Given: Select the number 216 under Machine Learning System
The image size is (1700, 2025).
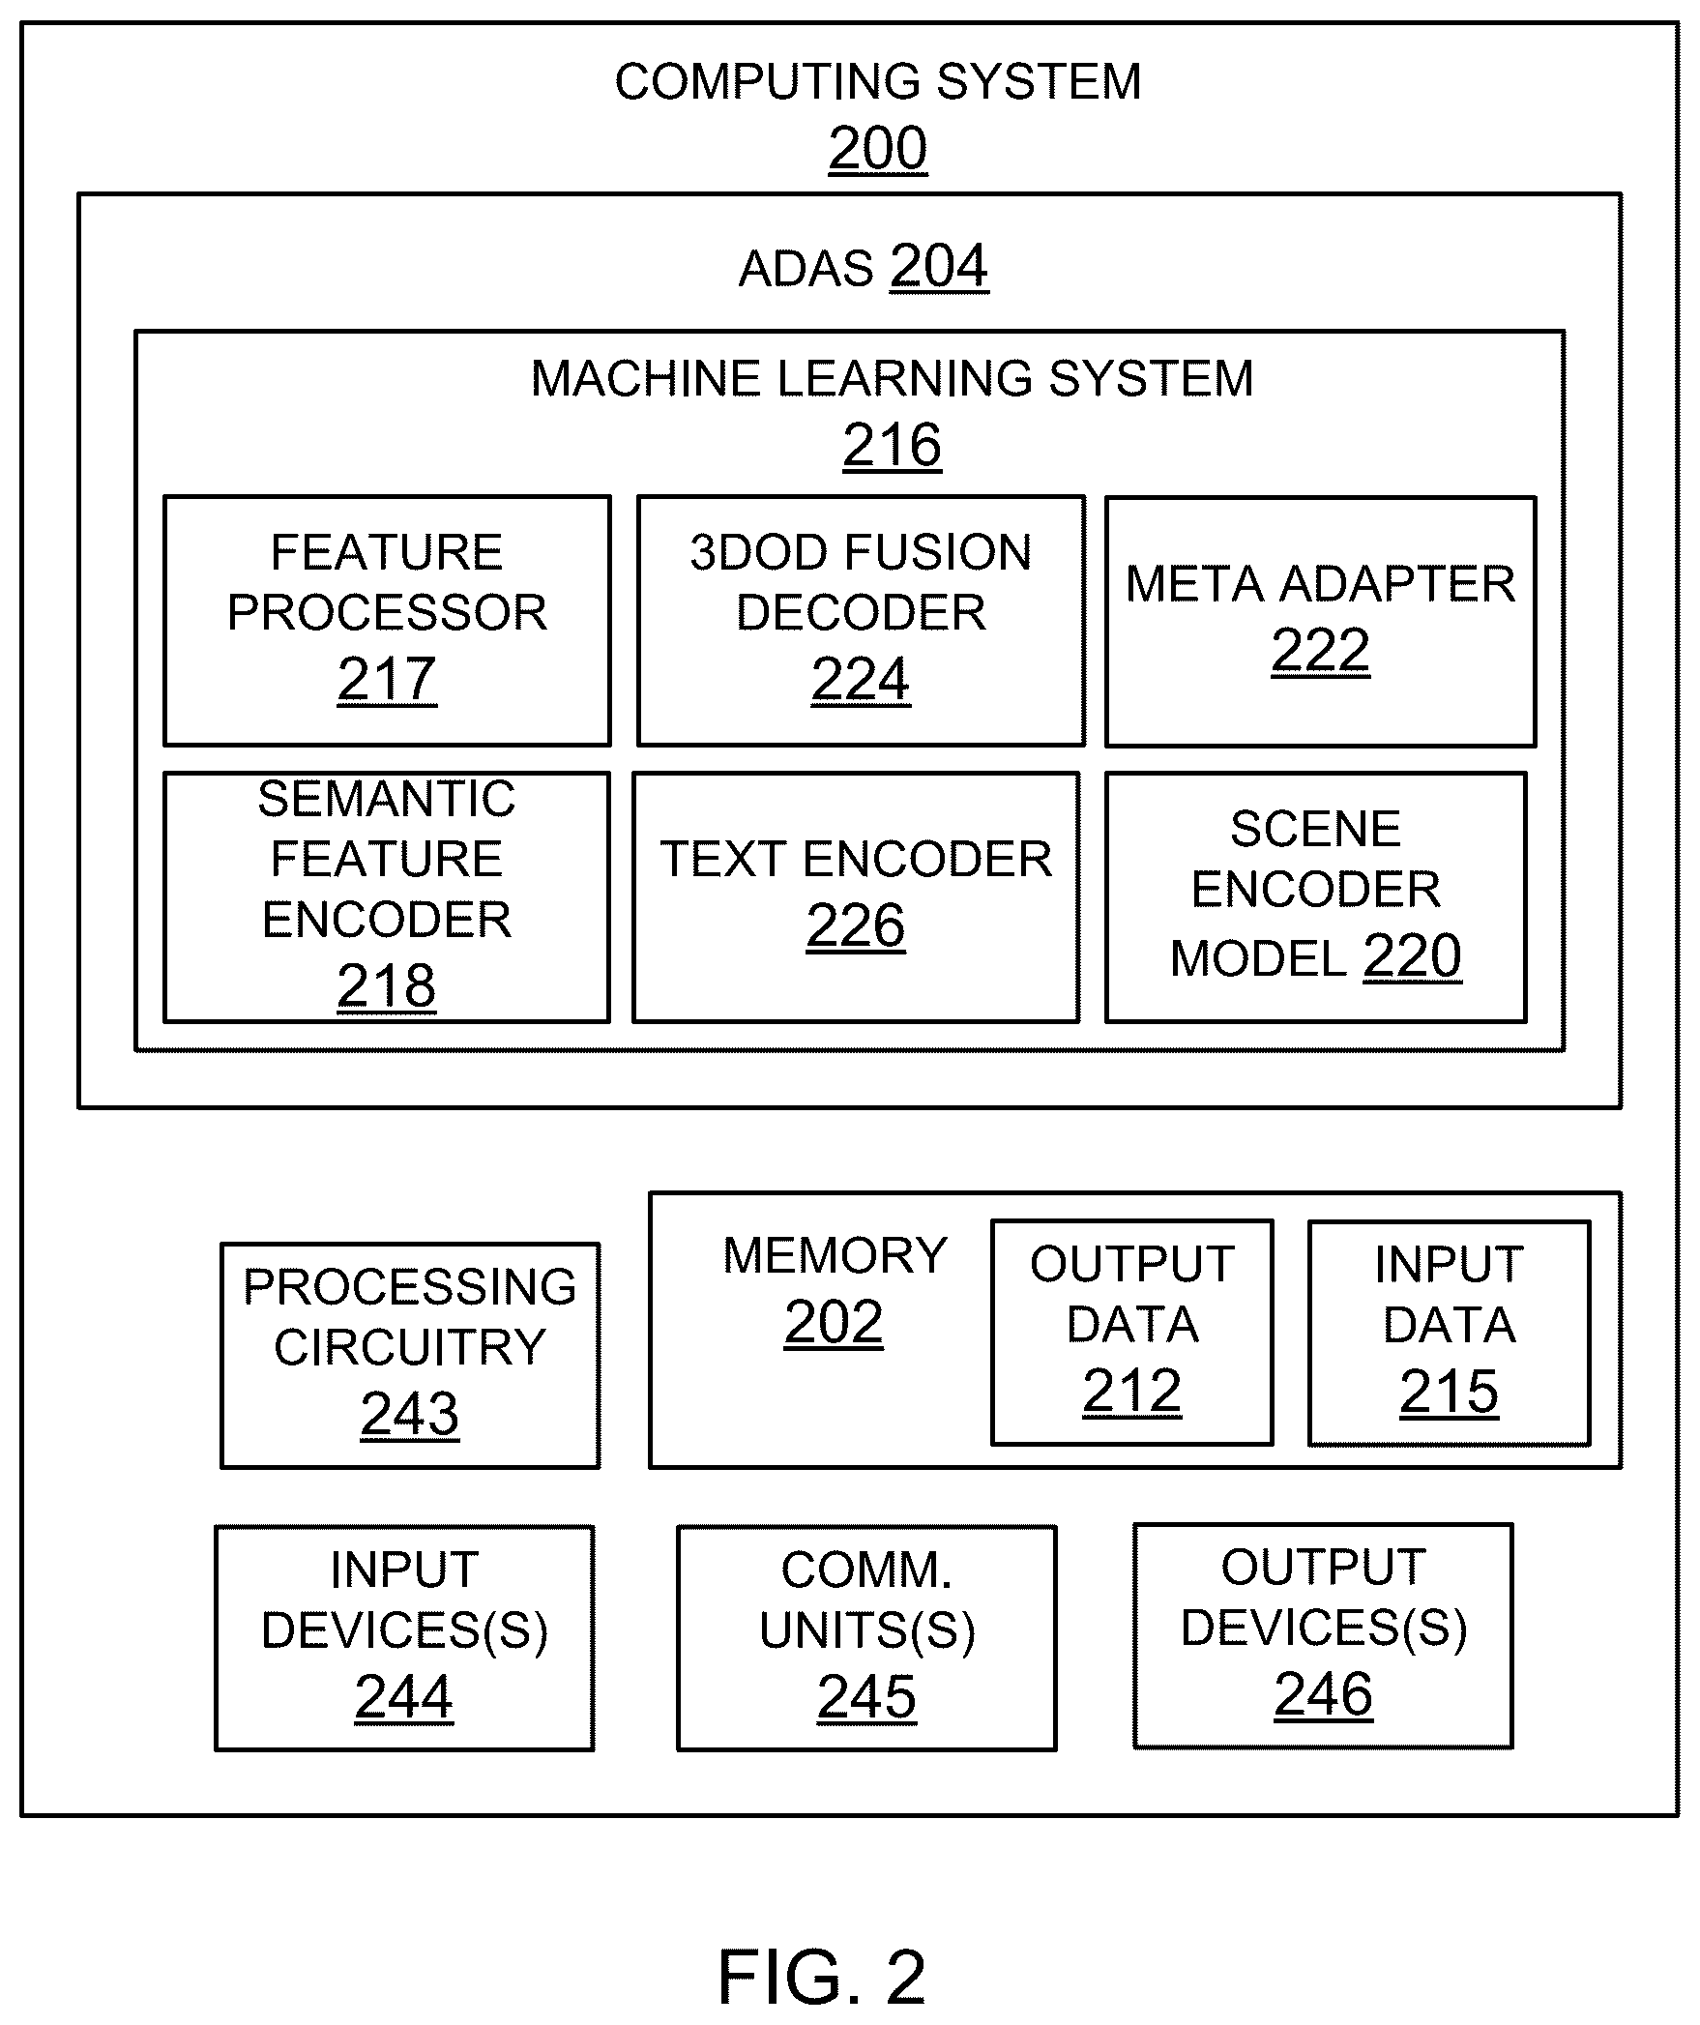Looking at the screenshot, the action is point(892,445).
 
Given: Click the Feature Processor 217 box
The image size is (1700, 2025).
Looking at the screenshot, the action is point(387,621).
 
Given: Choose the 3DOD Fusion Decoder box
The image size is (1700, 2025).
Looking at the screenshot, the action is point(861,621).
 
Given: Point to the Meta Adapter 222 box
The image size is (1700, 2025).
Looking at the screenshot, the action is point(1320,622).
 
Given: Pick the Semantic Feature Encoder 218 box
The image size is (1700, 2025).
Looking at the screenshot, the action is point(387,896).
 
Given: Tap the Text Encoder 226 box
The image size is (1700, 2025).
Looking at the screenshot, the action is point(856,896).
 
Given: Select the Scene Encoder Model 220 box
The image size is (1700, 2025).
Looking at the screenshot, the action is point(1316,896).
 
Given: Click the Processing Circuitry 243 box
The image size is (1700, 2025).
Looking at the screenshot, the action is point(410,1355).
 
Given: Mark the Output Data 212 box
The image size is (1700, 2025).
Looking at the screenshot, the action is point(1131,1333).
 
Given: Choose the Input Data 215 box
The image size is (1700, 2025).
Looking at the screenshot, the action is point(1449,1334).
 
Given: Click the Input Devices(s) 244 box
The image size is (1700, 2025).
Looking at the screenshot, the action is point(404,1638).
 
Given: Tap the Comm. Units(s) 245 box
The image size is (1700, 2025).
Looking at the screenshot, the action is point(866,1638).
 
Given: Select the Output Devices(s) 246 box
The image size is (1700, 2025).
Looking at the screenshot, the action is point(1323,1636).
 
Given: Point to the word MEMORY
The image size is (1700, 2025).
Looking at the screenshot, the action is point(835,1255).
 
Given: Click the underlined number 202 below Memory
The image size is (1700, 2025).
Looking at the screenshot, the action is point(834,1322).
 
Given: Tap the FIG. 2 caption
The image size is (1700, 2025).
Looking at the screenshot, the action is point(822,1977).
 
